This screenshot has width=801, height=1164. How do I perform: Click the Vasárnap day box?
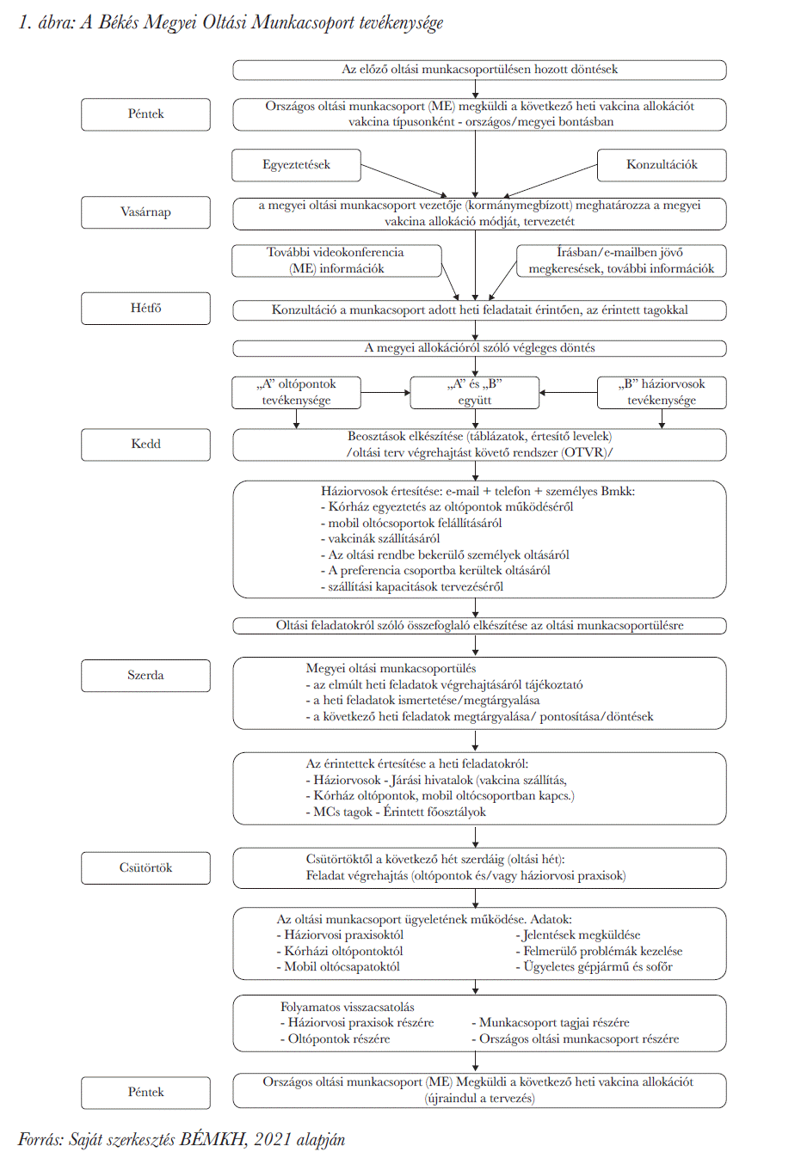click(145, 212)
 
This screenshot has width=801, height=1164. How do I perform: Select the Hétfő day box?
click(145, 308)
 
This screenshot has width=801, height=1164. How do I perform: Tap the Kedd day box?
click(145, 444)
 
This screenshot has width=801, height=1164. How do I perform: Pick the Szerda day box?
click(145, 675)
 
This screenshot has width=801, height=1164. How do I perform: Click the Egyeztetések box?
click(296, 165)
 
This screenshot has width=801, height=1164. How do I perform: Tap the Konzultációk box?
click(662, 165)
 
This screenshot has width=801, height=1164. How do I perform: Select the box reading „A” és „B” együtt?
click(474, 392)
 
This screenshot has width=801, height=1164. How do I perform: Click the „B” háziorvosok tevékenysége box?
click(662, 392)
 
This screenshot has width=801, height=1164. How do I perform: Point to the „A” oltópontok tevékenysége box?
click(296, 392)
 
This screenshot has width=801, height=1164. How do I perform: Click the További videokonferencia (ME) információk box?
click(336, 260)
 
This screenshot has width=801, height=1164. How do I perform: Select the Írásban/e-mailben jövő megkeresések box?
click(621, 260)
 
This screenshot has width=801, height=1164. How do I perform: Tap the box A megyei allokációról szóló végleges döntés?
click(479, 348)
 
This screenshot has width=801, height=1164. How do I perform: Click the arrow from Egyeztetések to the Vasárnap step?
click(404, 180)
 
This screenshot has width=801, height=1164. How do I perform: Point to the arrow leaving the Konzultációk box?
click(549, 181)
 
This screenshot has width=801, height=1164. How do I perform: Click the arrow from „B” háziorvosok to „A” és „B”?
click(568, 393)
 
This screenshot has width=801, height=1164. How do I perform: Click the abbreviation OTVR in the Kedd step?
click(586, 452)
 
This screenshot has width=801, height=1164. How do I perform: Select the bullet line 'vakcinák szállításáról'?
click(380, 539)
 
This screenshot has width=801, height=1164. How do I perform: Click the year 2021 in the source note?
click(273, 1140)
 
